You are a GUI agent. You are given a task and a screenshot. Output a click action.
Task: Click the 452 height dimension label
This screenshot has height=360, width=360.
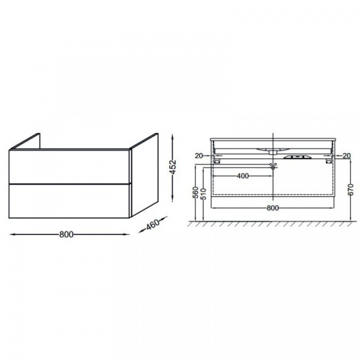point(174,167)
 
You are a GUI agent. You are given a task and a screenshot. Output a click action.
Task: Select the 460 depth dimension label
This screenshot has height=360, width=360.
point(152,224)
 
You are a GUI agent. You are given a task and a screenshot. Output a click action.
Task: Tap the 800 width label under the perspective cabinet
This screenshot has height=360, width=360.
point(67,235)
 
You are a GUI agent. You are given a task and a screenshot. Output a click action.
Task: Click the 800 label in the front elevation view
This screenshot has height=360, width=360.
point(272,208)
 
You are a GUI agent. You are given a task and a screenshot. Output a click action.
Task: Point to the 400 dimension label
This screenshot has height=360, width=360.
point(242,176)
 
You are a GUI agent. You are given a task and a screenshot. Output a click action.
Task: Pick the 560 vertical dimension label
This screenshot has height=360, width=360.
point(195,193)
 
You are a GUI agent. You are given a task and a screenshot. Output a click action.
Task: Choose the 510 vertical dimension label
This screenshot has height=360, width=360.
point(203,194)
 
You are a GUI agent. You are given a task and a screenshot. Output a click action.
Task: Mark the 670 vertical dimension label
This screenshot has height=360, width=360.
point(350,190)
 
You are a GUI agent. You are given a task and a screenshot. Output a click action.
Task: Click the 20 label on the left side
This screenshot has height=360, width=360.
point(199,156)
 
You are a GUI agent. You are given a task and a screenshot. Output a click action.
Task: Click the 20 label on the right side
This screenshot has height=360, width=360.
point(347,155)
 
